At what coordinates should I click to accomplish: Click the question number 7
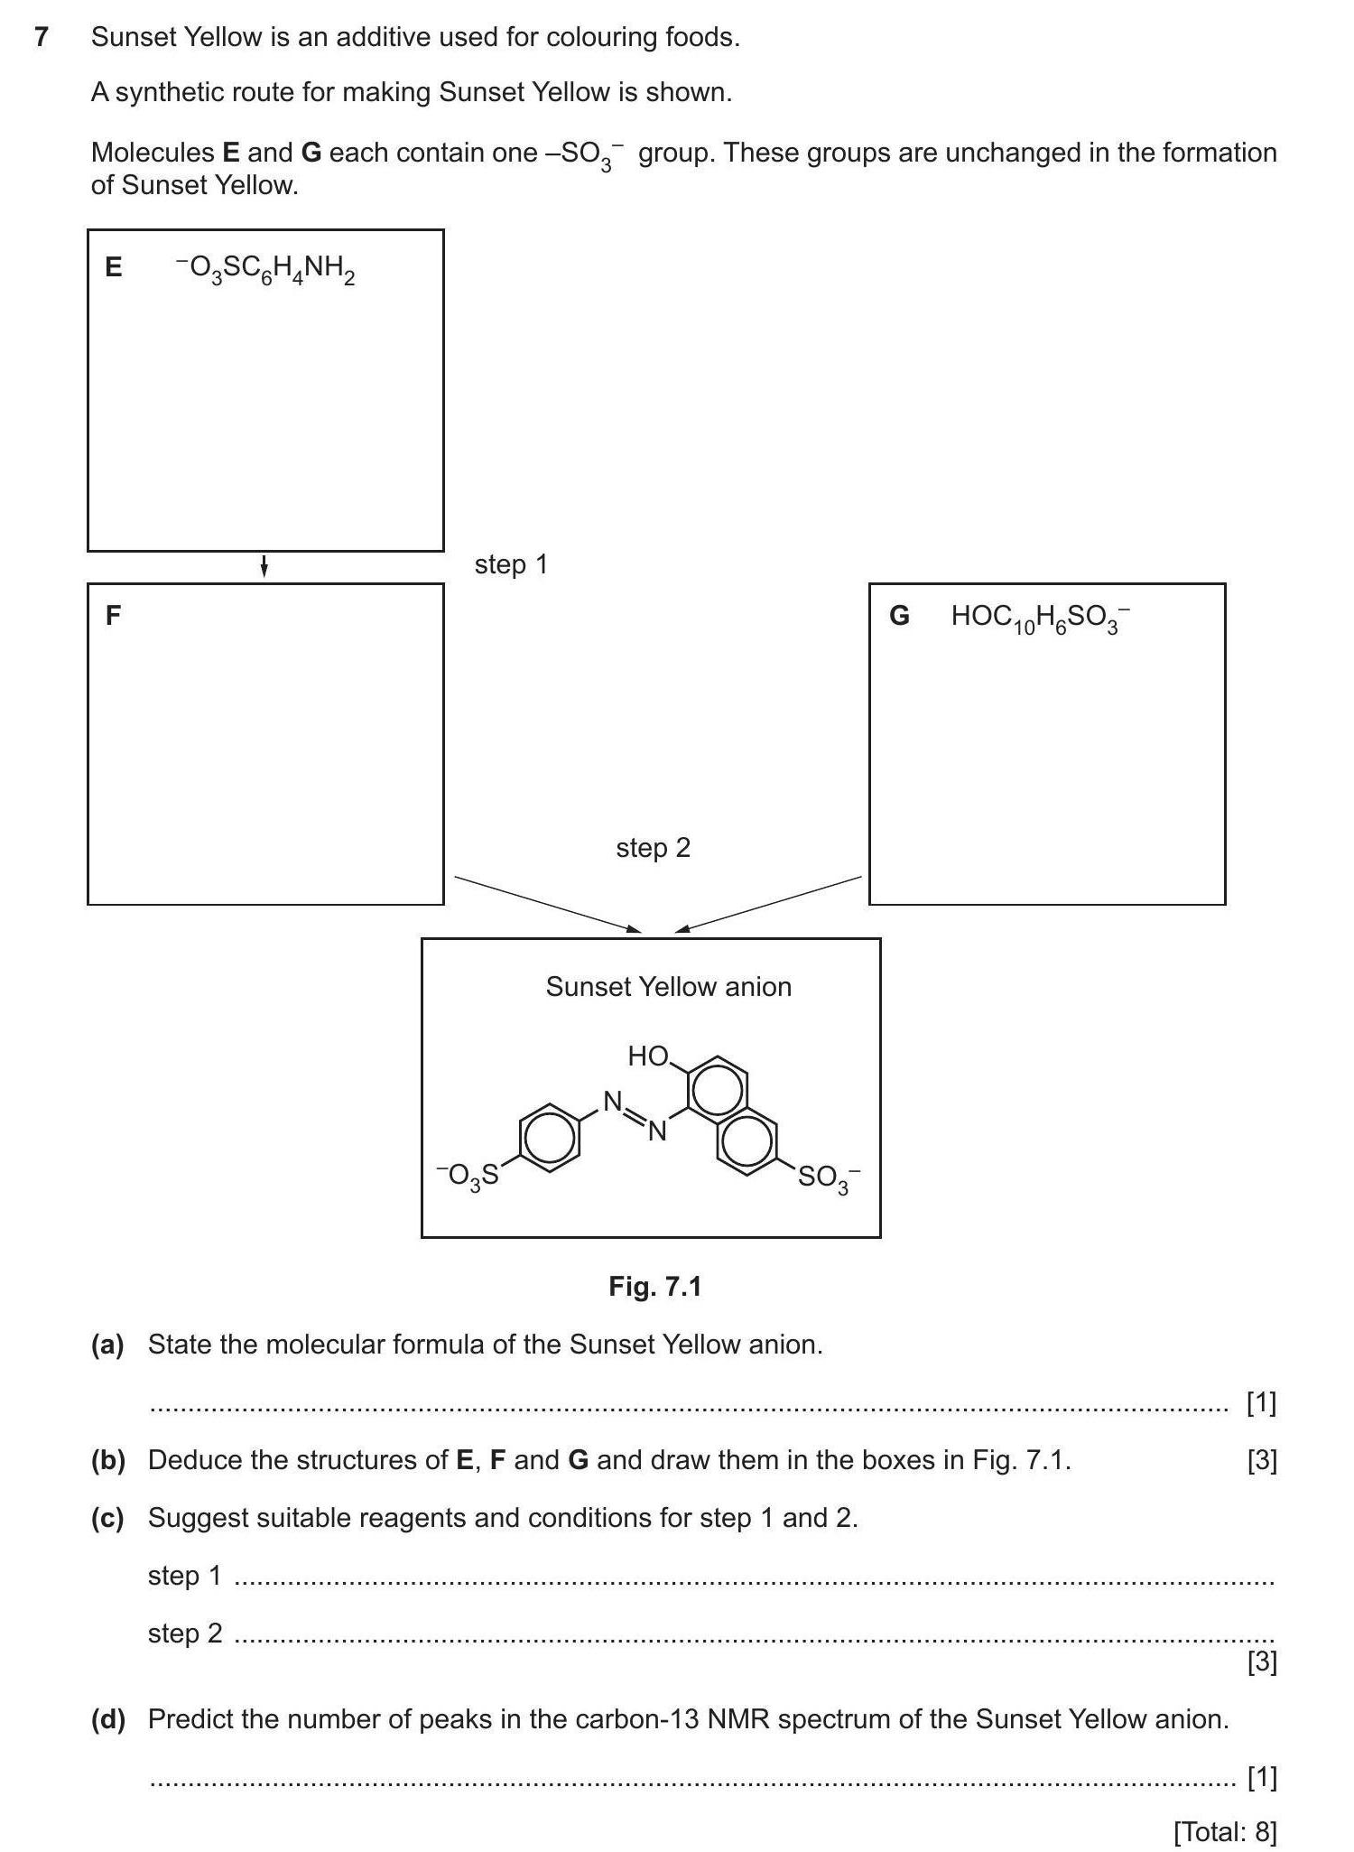(x=41, y=38)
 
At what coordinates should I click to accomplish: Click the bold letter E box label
(x=114, y=267)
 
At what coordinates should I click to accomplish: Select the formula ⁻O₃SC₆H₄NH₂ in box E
(x=265, y=269)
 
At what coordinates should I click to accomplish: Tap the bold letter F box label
(x=113, y=616)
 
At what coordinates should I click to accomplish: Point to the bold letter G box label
(x=899, y=616)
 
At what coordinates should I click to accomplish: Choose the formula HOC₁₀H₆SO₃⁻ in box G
(x=1040, y=619)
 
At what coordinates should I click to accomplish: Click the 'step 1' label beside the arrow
(x=511, y=565)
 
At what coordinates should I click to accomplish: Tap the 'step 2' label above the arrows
(x=653, y=848)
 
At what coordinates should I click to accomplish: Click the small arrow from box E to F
(x=264, y=566)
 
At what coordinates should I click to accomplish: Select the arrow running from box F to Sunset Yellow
(x=547, y=903)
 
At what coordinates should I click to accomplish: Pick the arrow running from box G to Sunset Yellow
(x=768, y=903)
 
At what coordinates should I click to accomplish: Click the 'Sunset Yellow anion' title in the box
(x=668, y=987)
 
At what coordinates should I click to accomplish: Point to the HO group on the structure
(x=648, y=1056)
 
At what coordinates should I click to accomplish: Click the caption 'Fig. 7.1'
(x=654, y=1287)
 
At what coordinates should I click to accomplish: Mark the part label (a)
(x=107, y=1345)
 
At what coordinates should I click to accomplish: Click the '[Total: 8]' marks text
(x=1225, y=1831)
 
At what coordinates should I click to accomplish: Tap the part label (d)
(x=107, y=1719)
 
